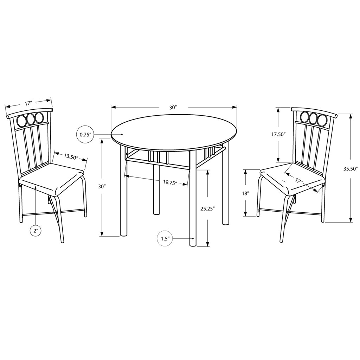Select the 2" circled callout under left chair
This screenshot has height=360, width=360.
(x=36, y=231)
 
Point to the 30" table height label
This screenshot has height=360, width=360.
(x=102, y=187)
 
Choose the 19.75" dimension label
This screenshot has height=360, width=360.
(x=170, y=182)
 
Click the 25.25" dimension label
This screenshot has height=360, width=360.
(x=207, y=209)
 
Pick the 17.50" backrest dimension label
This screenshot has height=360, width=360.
(x=278, y=134)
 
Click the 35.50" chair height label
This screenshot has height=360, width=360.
(x=351, y=169)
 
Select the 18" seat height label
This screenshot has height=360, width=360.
(x=245, y=193)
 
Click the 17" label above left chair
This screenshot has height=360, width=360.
(x=28, y=103)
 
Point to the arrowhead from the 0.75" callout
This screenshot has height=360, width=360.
(x=122, y=134)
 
